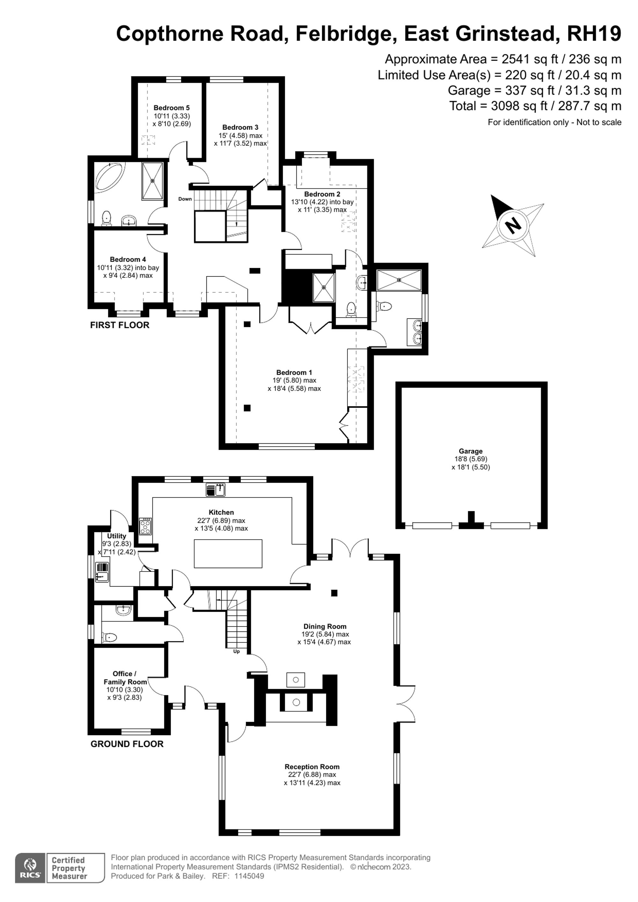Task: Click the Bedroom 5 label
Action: click(171, 107)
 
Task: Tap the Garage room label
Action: click(470, 451)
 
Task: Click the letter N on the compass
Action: click(513, 226)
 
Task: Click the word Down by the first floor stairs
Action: click(185, 199)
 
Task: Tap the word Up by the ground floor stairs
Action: click(236, 651)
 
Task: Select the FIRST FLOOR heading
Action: click(119, 325)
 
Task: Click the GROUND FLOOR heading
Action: click(127, 744)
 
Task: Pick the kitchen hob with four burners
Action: click(146, 526)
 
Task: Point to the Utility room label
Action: click(117, 536)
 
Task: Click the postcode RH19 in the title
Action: click(594, 34)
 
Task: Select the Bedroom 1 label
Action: click(294, 373)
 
